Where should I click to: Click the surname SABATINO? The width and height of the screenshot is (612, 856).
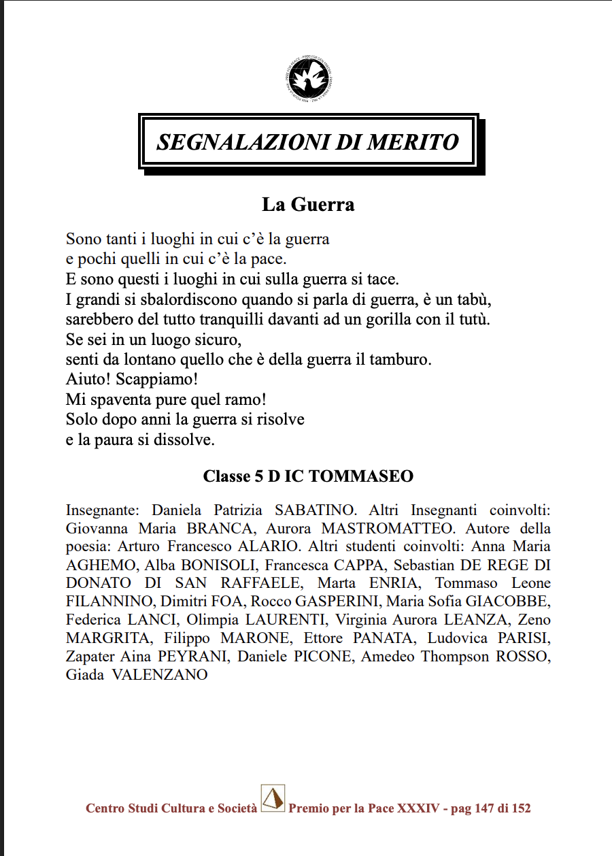(x=315, y=510)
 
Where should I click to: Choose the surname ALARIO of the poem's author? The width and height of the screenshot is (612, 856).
(x=268, y=546)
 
